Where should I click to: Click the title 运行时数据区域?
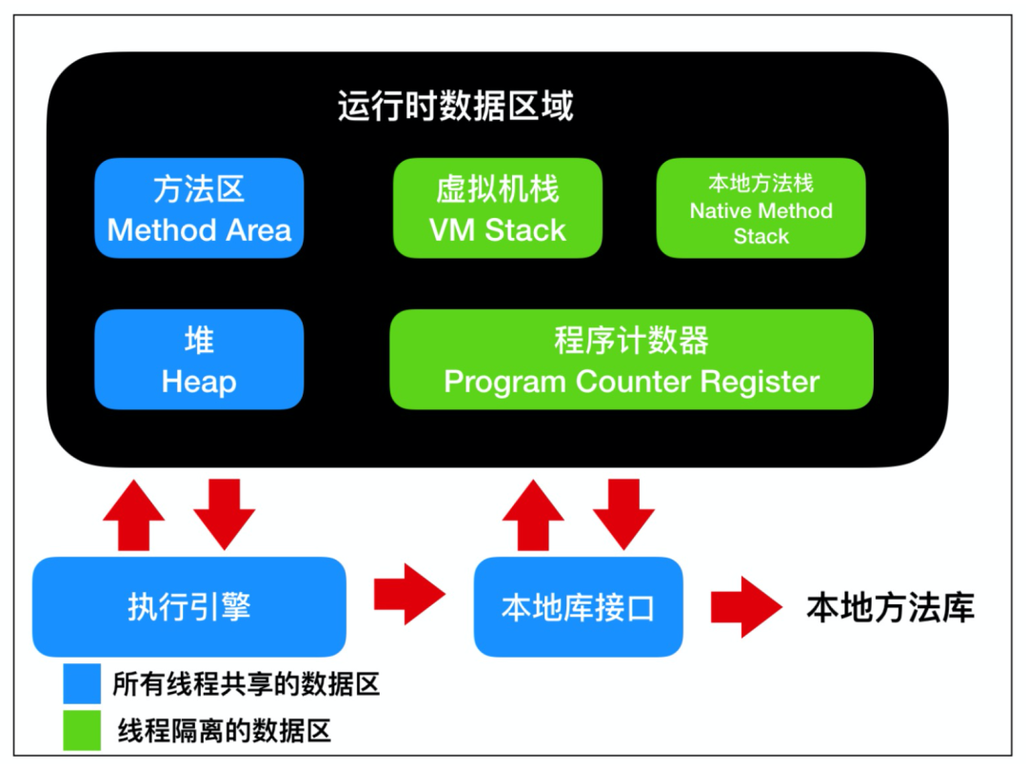456,106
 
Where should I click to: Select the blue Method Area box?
199,207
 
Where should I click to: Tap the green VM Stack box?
498,207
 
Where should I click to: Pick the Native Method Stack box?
761,207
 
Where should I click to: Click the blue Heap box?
199,359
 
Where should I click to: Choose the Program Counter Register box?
631,359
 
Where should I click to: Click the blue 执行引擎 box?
189,606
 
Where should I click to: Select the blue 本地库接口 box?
579,606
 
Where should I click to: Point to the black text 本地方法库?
890,607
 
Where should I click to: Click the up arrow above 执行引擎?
134,515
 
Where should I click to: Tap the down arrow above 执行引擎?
225,515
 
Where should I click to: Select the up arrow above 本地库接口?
533,515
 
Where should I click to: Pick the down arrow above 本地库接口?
623,515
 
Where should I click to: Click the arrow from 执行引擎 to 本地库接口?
409,594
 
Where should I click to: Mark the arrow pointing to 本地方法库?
747,607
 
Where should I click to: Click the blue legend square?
82,683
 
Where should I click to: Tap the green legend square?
82,730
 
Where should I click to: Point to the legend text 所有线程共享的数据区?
247,683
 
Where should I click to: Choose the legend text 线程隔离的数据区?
225,730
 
